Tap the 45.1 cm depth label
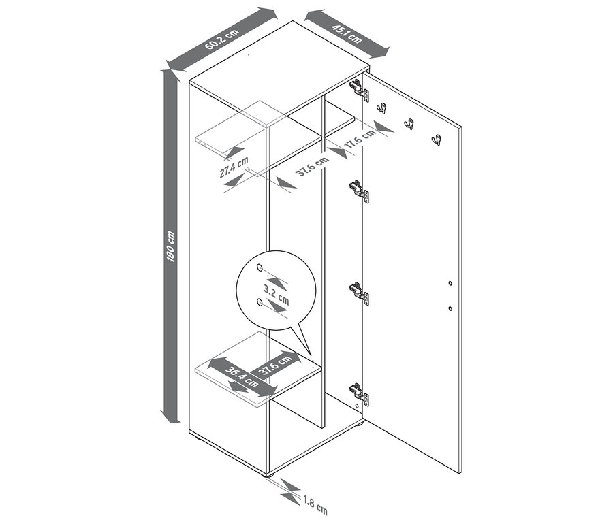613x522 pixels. tap(347, 33)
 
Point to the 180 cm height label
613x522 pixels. tap(172, 246)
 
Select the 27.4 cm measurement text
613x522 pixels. tap(233, 167)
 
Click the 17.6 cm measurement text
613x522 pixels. tap(360, 139)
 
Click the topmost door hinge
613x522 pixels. tap(359, 90)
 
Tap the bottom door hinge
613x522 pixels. tap(359, 394)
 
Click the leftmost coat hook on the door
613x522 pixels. tap(382, 108)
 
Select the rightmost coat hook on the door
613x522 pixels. tap(436, 140)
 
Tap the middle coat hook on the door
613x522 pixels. tap(409, 124)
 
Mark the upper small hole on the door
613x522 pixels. tap(450, 282)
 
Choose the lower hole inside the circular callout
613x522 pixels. tap(260, 302)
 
